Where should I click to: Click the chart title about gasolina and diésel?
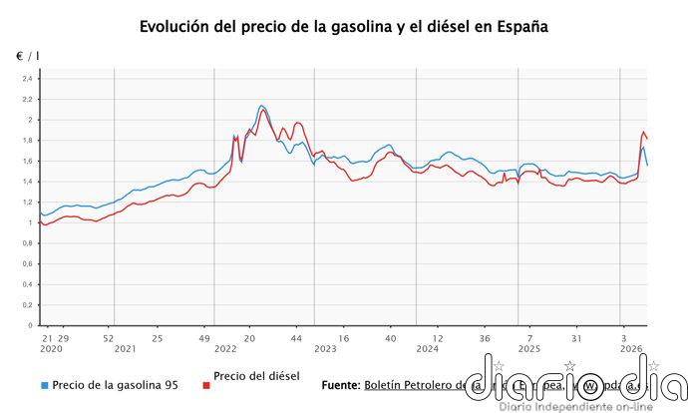pyautogui.click(x=344, y=26)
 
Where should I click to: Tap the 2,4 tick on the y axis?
pyautogui.click(x=27, y=79)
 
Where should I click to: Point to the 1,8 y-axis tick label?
pyautogui.click(x=27, y=141)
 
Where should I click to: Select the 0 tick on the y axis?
pyautogui.click(x=30, y=325)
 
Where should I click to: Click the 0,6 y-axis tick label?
pyautogui.click(x=27, y=263)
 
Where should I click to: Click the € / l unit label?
pyautogui.click(x=28, y=55)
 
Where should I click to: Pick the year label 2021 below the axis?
pyautogui.click(x=126, y=349)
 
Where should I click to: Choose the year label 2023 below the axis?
pyautogui.click(x=325, y=349)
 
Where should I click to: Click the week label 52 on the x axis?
pyautogui.click(x=110, y=338)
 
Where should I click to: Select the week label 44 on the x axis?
pyautogui.click(x=296, y=338)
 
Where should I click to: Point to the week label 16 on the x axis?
pyautogui.click(x=343, y=338)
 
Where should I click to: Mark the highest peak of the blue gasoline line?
pyautogui.click(x=261, y=105)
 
